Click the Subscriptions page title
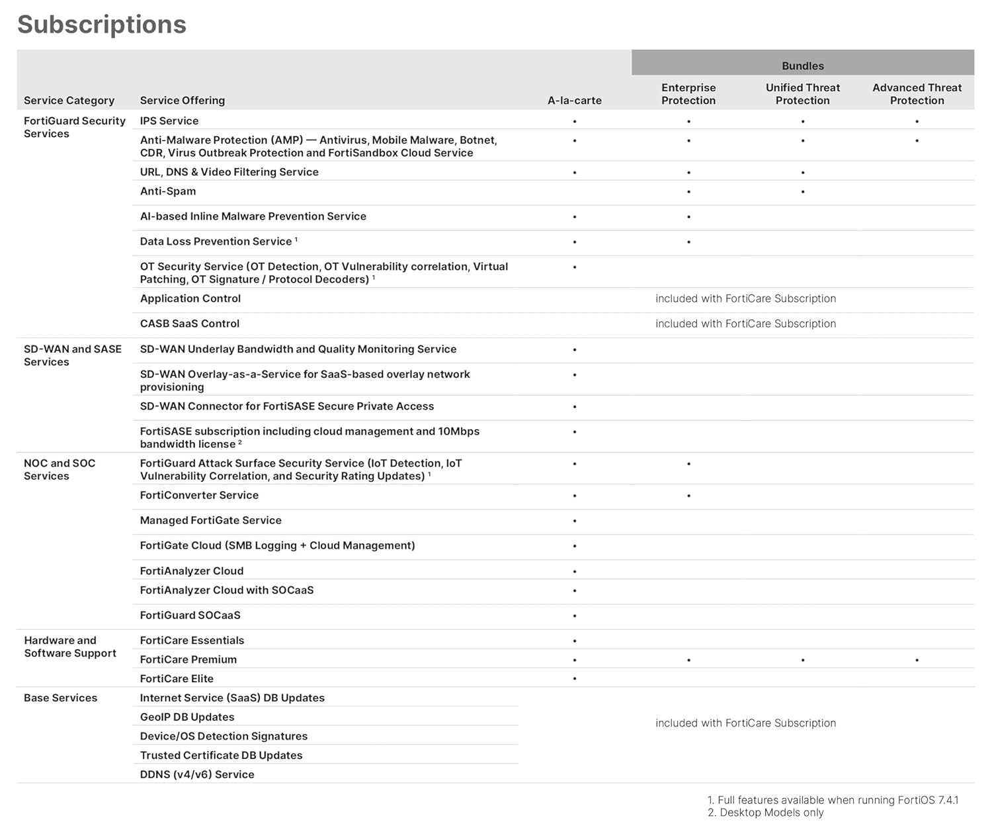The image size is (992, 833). (102, 24)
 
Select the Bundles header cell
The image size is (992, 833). (802, 66)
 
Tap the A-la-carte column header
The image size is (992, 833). (574, 101)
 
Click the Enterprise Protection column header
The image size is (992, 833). (688, 94)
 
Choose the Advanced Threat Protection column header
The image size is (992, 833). (917, 94)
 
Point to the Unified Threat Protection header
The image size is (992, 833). (802, 94)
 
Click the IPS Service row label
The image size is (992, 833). (169, 121)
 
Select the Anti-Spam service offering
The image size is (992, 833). (168, 191)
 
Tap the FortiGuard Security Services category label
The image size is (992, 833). (74, 127)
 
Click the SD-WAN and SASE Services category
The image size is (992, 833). (72, 355)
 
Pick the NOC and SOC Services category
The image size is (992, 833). (60, 469)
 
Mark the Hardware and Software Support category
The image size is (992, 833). (70, 646)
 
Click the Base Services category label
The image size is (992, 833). (60, 698)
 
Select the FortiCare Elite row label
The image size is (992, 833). (177, 679)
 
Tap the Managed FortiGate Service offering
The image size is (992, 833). (210, 521)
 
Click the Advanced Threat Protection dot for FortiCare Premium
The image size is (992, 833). (917, 660)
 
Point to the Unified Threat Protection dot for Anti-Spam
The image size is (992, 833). (803, 192)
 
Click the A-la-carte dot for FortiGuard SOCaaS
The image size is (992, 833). (575, 616)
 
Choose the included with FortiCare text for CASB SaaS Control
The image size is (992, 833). (745, 324)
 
